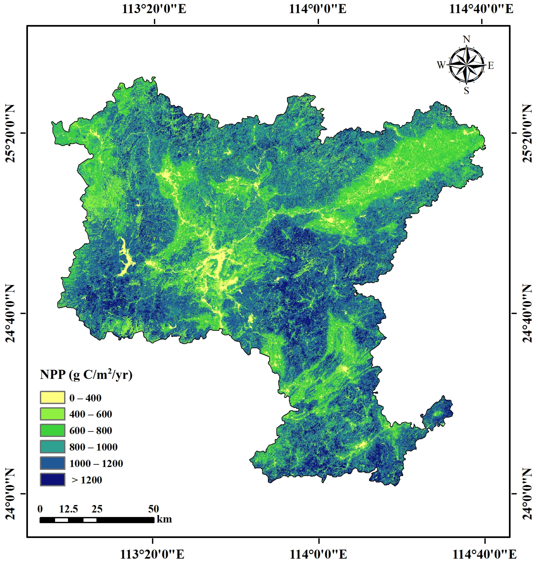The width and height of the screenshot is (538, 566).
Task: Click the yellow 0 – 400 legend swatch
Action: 52,398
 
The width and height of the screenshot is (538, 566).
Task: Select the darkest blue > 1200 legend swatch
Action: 52,480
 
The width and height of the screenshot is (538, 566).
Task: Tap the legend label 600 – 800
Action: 91,431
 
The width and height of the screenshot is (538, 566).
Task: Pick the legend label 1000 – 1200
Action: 96,463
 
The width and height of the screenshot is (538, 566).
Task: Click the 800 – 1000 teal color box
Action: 52,447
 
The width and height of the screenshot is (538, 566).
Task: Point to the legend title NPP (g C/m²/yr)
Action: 86,375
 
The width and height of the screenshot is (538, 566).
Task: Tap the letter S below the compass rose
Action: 467,91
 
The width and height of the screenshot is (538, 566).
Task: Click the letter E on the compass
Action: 491,66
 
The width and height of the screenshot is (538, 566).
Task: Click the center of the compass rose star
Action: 466,65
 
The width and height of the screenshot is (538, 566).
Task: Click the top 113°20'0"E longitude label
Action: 154,9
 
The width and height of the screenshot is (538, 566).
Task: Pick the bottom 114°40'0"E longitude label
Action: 484,555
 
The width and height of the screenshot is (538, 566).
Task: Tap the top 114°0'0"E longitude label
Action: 317,9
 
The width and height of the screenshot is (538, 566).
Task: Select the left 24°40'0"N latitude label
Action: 10,313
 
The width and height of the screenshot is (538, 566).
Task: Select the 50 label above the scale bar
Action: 153,509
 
